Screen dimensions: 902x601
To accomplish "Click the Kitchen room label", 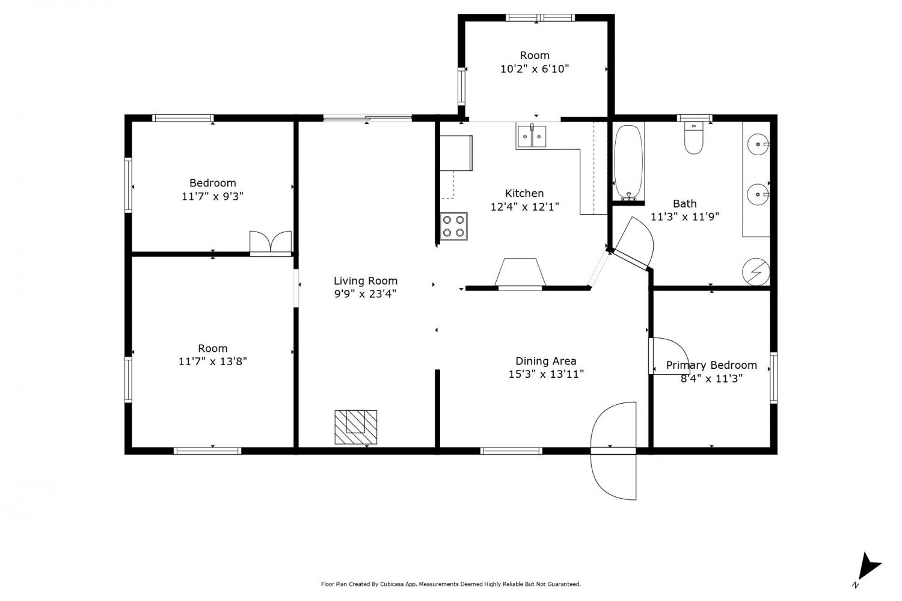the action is click(524, 193).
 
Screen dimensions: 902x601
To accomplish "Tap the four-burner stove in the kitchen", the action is click(453, 226).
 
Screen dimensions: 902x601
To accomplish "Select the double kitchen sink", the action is click(532, 136).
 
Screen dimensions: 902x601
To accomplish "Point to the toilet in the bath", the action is click(693, 138).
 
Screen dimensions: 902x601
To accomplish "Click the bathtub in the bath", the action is click(628, 163).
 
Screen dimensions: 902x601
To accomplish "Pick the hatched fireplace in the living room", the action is click(355, 427).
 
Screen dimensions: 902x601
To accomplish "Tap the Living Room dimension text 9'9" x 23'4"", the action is click(365, 294).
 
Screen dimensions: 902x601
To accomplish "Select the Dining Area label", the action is click(545, 361).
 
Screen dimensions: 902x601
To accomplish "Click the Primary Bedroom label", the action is click(711, 365).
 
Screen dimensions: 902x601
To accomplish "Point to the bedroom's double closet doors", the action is click(271, 243).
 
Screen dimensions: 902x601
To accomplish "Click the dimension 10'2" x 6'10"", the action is click(535, 69).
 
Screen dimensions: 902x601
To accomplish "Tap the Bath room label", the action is click(684, 203).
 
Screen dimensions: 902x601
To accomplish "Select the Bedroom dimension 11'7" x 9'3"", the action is click(212, 197).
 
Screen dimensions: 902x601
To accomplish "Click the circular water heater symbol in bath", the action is click(756, 272).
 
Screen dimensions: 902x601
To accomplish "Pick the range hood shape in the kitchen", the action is click(520, 273).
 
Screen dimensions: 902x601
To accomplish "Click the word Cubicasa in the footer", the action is click(390, 584).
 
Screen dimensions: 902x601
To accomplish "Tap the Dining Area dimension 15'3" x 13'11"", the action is click(545, 374).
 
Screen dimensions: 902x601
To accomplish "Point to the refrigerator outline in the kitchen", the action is click(456, 153).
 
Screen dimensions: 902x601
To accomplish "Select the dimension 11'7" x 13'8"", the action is click(212, 362).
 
